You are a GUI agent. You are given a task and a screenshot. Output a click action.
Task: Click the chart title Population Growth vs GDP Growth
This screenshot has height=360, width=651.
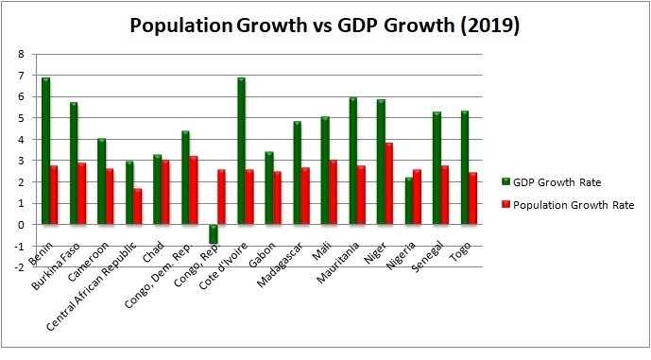[324, 27]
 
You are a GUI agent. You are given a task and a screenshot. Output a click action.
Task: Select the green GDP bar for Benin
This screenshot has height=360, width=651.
[45, 151]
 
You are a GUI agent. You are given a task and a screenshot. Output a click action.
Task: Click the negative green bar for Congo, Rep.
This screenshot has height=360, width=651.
[214, 234]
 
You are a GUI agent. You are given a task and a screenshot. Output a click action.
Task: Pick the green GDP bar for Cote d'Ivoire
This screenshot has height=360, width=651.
[241, 151]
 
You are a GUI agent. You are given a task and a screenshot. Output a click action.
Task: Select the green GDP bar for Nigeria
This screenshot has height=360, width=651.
[408, 200]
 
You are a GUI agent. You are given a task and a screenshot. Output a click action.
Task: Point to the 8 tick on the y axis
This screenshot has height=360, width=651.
[22, 54]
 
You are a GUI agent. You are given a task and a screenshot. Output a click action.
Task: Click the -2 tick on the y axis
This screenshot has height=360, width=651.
[20, 267]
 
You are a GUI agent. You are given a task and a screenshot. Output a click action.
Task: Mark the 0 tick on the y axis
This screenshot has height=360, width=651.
[22, 225]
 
